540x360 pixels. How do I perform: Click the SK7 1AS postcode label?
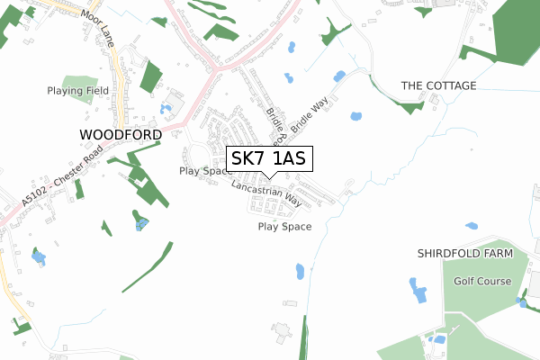tap(269, 159)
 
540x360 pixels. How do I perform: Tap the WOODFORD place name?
tap(121, 134)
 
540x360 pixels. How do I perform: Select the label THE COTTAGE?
tap(438, 85)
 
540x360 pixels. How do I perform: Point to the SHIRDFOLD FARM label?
tap(464, 254)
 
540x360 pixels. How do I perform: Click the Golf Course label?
tap(481, 281)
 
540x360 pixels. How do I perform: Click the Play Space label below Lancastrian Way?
tap(284, 227)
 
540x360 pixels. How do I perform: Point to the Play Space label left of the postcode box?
tap(206, 170)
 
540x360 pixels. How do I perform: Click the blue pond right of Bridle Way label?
tap(355, 116)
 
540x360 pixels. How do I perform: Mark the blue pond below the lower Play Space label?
tap(301, 271)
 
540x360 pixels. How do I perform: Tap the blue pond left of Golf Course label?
tap(418, 290)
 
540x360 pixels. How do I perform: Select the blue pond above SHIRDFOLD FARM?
tap(472, 225)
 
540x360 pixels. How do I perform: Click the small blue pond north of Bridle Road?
tap(288, 78)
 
